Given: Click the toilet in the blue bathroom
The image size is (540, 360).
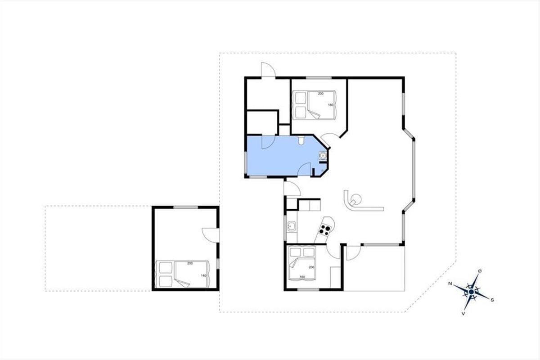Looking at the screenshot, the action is [x=301, y=140].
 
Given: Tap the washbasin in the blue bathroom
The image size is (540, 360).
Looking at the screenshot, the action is [x=322, y=156].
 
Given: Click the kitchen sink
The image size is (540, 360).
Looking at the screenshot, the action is [x=292, y=227].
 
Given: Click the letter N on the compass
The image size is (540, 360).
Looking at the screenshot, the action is [x=450, y=283].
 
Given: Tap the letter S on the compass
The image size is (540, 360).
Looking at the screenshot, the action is [x=492, y=300].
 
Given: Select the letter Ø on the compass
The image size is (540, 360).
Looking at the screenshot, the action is [x=480, y=271].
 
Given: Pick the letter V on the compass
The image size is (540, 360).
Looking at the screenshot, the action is [x=463, y=314].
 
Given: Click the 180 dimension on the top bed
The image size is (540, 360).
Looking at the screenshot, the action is [x=330, y=105].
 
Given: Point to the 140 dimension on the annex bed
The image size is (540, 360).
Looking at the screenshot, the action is [x=203, y=275].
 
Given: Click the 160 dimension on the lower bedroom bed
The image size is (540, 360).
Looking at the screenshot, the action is [x=302, y=277].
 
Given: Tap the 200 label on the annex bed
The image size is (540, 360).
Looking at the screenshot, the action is [x=190, y=263].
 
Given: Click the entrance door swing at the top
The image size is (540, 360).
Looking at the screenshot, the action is [x=268, y=70].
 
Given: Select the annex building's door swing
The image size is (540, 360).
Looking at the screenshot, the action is [x=211, y=235].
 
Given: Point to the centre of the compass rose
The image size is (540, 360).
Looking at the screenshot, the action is [x=472, y=292].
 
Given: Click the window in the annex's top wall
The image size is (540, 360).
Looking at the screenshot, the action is [x=185, y=207].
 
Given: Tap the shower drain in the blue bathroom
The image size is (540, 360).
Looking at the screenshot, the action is [x=323, y=171].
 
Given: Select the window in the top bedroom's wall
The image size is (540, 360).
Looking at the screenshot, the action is [x=319, y=78].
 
